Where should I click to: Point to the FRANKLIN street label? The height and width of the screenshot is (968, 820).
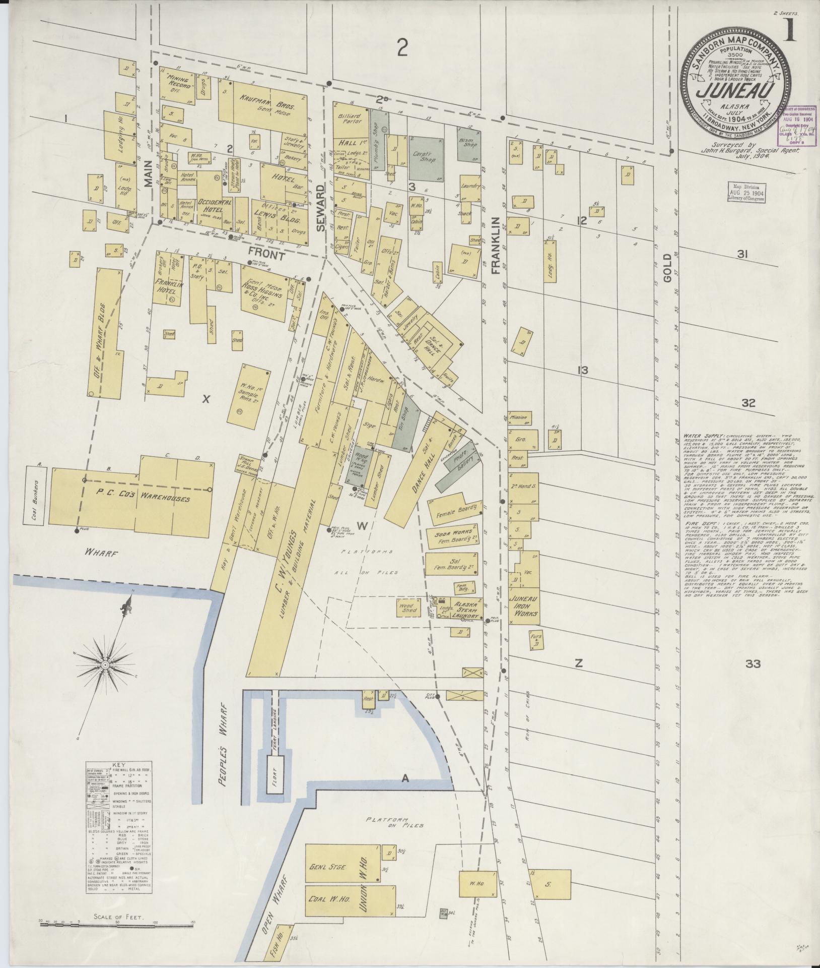[x=496, y=246]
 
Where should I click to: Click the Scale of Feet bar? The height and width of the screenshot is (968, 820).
[x=116, y=923]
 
